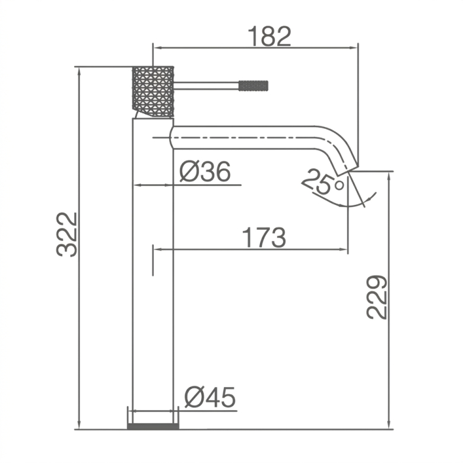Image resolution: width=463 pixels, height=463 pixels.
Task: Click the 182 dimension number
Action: [269, 36]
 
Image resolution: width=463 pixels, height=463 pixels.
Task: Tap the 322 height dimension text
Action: [66, 234]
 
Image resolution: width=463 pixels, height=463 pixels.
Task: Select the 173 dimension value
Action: [264, 237]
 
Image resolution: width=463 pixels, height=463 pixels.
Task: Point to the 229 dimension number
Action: [376, 297]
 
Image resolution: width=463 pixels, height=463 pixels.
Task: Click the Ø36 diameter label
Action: [205, 172]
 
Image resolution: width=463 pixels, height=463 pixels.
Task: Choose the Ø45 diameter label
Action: [210, 397]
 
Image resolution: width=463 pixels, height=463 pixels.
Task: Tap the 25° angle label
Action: [324, 182]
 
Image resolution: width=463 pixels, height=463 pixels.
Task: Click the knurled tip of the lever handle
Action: [253, 85]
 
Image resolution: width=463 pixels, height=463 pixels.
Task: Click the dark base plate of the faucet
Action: [153, 426]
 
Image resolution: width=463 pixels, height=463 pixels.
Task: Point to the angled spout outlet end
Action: [347, 170]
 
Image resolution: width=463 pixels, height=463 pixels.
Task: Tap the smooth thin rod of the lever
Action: [206, 85]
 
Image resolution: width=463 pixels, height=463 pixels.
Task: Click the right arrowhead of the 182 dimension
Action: [354, 47]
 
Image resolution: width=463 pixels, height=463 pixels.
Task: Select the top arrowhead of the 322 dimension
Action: [79, 71]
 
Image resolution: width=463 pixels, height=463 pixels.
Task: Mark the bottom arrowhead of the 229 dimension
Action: [389, 425]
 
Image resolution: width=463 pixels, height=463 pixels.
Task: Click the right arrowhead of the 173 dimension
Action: [344, 249]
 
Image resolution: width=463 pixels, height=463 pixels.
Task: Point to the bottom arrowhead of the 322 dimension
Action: [79, 425]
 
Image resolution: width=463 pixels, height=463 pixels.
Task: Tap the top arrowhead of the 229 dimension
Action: [389, 176]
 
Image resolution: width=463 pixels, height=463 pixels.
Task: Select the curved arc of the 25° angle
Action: [348, 205]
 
